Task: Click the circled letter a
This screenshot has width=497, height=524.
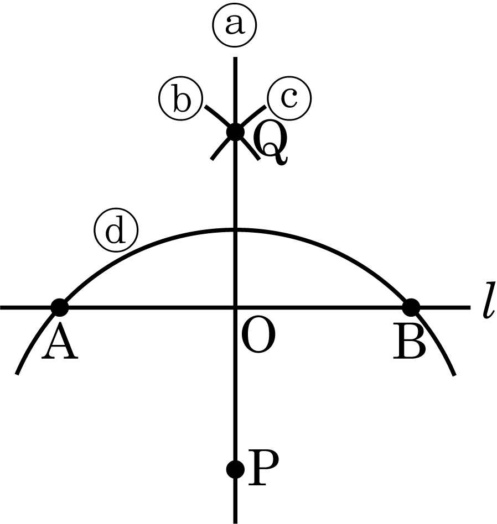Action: (x=234, y=25)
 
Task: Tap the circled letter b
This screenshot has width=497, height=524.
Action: (x=181, y=98)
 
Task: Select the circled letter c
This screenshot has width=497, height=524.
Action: (x=289, y=98)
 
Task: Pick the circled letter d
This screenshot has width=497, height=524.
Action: (x=116, y=230)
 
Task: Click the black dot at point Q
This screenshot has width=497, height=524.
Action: (x=235, y=132)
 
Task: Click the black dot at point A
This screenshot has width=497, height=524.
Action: (x=60, y=307)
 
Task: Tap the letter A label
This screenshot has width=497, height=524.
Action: (x=60, y=342)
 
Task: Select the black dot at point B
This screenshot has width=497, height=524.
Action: (x=411, y=307)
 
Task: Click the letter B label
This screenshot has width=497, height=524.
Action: (x=410, y=342)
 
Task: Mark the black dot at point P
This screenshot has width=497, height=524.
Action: (x=235, y=469)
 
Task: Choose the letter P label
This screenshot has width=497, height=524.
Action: (x=263, y=468)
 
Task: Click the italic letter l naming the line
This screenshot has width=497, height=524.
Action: (x=489, y=301)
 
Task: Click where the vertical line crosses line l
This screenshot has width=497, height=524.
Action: (x=235, y=307)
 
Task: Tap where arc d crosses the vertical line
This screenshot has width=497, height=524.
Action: (x=235, y=229)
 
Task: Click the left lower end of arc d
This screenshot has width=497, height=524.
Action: (x=17, y=374)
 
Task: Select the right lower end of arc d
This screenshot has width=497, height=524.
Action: (x=454, y=375)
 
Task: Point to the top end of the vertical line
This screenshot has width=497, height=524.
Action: (x=235, y=57)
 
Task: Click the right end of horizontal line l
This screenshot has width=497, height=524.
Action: (x=470, y=307)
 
